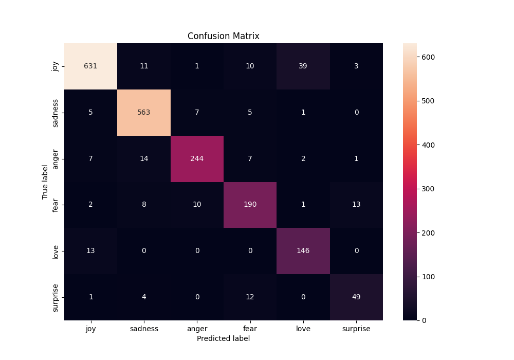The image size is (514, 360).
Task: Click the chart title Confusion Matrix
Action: pos(223,36)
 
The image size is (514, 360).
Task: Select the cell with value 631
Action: pos(91,66)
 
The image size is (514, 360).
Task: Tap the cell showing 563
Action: pos(144,113)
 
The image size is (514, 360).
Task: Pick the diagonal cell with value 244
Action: pos(197,158)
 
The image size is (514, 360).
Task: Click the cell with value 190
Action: pos(250,205)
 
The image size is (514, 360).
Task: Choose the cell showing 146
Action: pos(303,251)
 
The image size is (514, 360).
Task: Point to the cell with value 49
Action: pos(356,297)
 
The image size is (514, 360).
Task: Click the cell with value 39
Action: pos(303,66)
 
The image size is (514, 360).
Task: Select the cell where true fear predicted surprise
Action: pos(356,205)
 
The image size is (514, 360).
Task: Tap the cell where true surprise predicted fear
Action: pos(250,297)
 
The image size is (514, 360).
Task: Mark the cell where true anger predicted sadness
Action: pos(144,158)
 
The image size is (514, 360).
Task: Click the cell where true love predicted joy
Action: pos(91,251)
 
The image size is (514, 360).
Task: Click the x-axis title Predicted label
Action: pos(223,339)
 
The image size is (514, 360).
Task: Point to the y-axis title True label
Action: pos(45,182)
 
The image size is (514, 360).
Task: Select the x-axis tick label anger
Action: pos(197,329)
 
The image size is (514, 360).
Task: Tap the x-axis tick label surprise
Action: pos(356,329)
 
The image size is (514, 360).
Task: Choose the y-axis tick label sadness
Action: pos(56,113)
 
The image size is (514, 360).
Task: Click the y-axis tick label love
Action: pos(56,251)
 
